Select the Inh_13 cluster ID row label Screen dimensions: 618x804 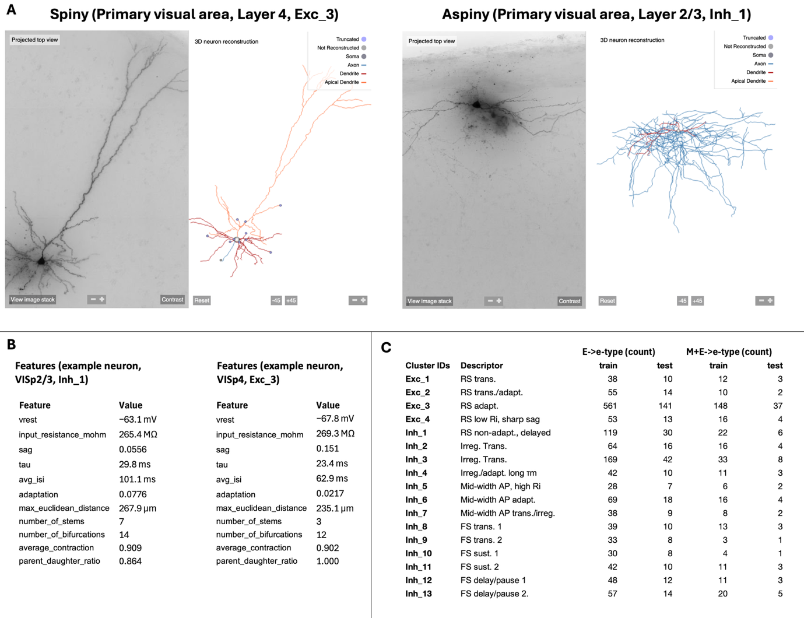pyautogui.click(x=419, y=594)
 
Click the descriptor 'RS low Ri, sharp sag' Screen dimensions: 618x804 pyautogui.click(x=500, y=419)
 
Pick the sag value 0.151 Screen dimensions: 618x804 pyautogui.click(x=327, y=448)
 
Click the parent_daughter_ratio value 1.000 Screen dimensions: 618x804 pyautogui.click(x=327, y=561)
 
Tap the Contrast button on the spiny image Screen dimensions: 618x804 pyautogui.click(x=173, y=300)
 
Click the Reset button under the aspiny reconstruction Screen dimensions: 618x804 pyautogui.click(x=607, y=301)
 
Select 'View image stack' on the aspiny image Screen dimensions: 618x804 pyautogui.click(x=430, y=301)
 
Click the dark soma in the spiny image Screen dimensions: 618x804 pyautogui.click(x=41, y=261)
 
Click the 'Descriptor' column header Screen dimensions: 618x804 pyautogui.click(x=482, y=366)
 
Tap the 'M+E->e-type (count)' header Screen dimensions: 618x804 pyautogui.click(x=728, y=352)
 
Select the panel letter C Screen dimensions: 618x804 pyautogui.click(x=386, y=347)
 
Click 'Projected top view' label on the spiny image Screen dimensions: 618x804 pyautogui.click(x=35, y=40)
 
